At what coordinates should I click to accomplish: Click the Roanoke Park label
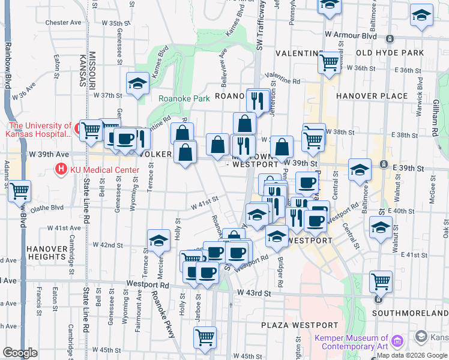pos(184,98)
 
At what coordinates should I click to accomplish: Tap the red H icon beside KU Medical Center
pos(61,170)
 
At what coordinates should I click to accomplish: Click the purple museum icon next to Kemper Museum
pos(396,342)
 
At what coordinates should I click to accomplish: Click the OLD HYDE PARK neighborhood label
pos(390,53)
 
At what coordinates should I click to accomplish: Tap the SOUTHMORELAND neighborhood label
pos(410,313)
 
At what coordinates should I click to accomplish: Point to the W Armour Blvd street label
pos(351,37)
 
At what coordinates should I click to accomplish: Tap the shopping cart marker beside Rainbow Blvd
pos(20,191)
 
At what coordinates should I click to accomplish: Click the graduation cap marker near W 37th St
pos(138,83)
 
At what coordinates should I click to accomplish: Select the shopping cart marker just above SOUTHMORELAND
pos(381,280)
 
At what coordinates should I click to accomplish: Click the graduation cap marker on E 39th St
pos(360,170)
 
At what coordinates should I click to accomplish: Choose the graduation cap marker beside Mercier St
pos(158,241)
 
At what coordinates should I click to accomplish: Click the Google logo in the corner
pos(20,353)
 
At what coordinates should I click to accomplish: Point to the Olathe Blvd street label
pos(50,208)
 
